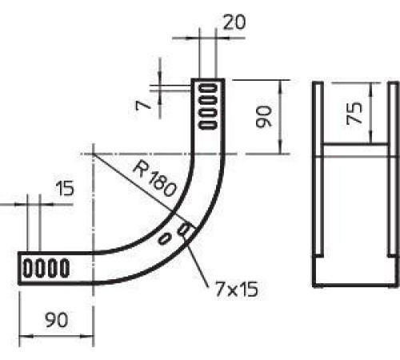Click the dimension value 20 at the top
point(234,22)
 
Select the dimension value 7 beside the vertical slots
point(143,106)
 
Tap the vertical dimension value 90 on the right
point(264,117)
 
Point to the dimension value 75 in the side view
point(354,114)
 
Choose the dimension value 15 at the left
point(65,188)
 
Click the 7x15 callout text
point(237,290)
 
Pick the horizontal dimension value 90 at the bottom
point(57,320)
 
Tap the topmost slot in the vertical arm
point(208,87)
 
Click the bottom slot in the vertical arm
point(208,125)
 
